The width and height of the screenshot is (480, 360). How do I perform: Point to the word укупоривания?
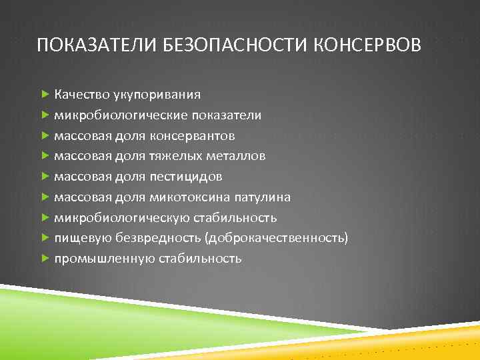pos(156,95)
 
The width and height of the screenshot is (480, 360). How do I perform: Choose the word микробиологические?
pos(121,115)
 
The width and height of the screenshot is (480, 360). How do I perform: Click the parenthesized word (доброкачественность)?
pos(277,238)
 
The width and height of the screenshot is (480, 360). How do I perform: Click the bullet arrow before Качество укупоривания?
pos(45,95)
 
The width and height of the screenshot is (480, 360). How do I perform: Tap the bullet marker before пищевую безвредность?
pos(45,238)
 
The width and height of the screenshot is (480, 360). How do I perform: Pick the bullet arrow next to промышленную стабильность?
pos(45,259)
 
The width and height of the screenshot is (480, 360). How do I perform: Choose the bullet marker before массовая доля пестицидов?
pos(45,177)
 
